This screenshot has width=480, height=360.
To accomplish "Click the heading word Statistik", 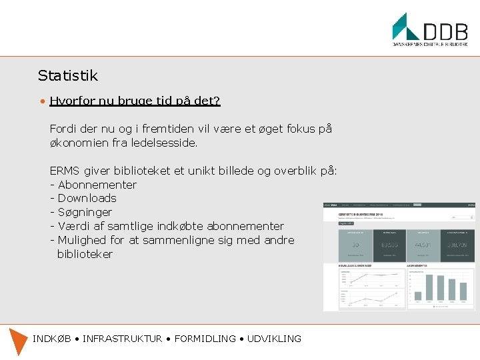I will point(67,75).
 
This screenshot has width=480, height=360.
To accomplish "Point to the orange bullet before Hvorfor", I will point(41,101).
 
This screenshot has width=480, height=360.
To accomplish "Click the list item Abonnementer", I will point(97,185).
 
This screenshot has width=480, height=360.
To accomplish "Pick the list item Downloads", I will point(87,198).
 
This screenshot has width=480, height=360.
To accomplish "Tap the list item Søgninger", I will point(85,212).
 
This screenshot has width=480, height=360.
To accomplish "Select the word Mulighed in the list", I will point(82,240).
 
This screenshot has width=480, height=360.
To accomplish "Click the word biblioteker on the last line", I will point(85,254).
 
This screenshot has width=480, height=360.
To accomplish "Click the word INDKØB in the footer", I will point(52,339).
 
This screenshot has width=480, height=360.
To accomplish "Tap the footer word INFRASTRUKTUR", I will point(122,339).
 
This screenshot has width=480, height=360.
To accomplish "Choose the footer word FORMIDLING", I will point(205,339).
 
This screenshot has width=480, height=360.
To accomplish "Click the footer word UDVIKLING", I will point(274,339).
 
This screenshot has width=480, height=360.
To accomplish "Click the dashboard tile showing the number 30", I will point(355,245).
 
